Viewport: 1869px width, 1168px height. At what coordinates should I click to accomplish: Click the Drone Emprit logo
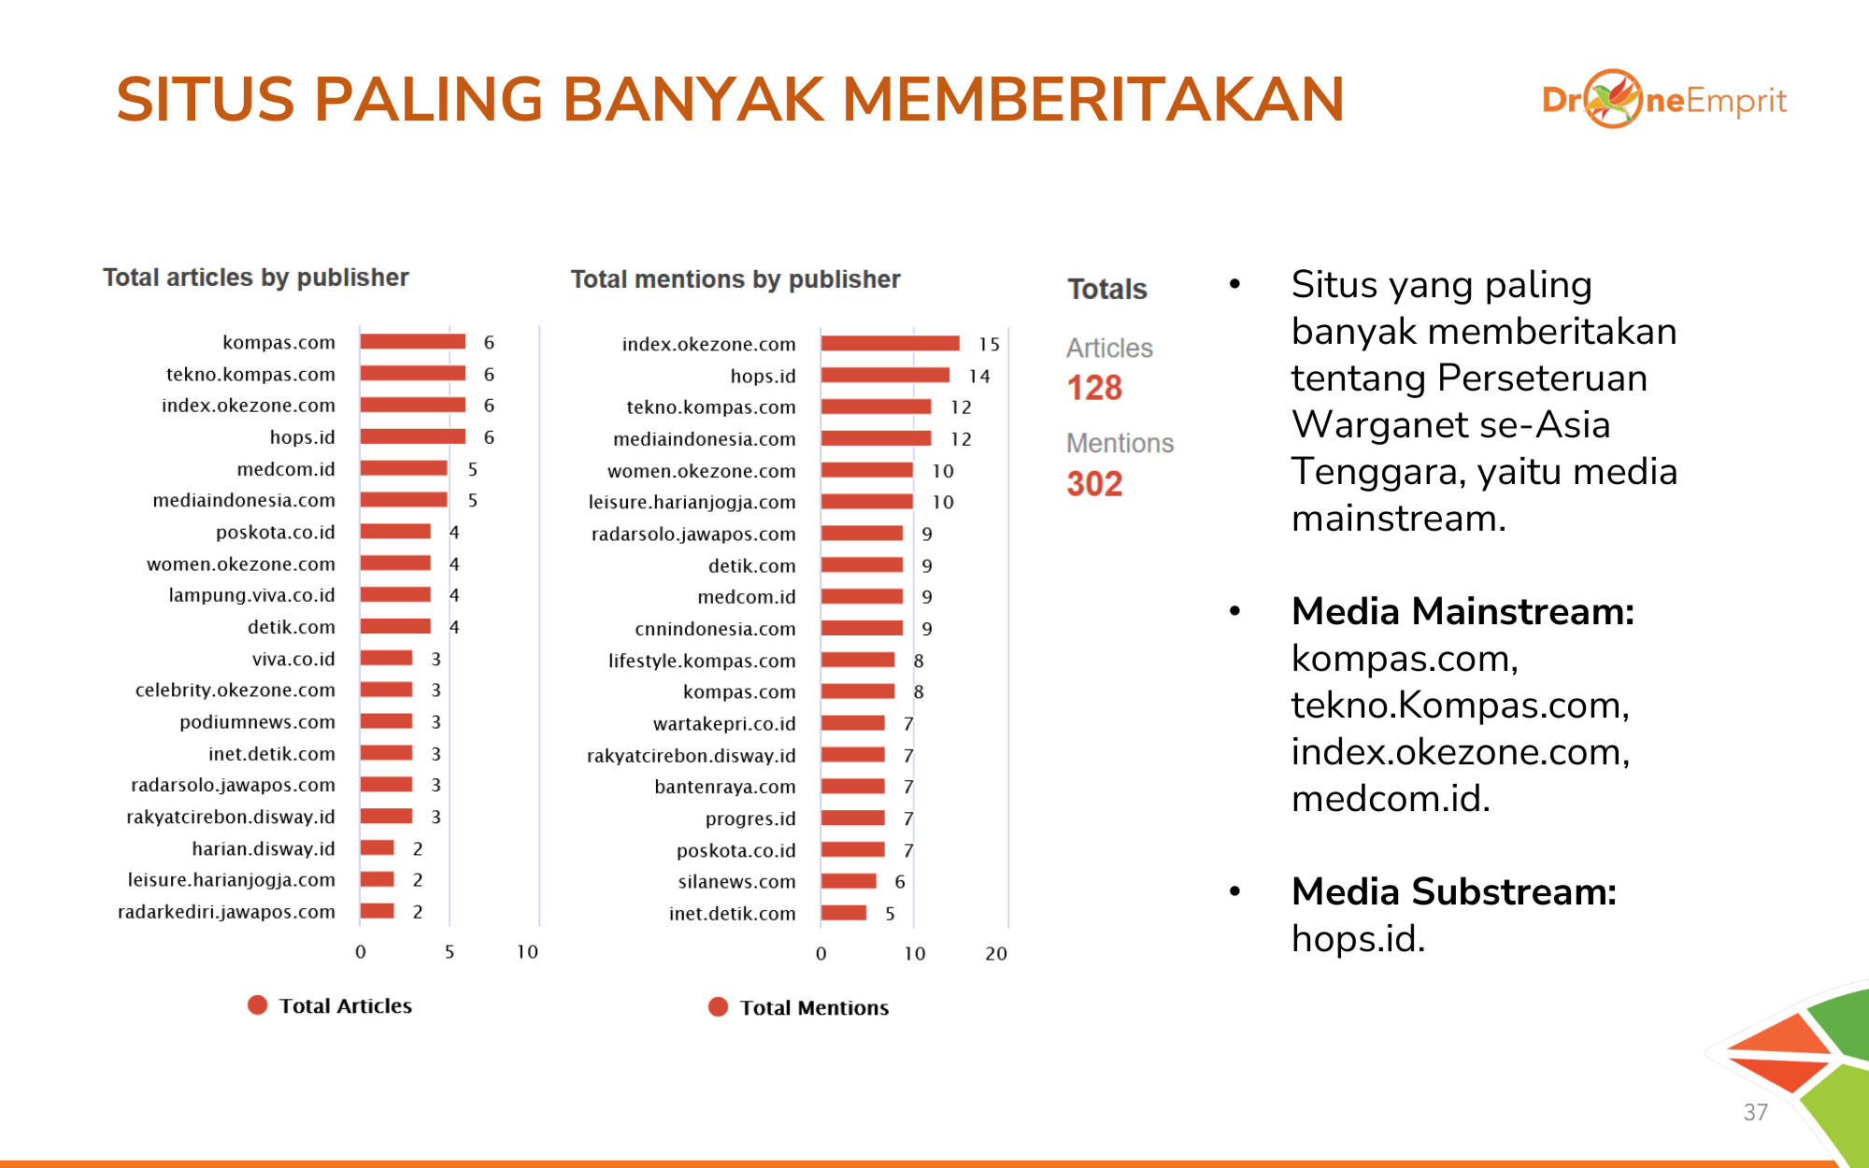tap(1664, 99)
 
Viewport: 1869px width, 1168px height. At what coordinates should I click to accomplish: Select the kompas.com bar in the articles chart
tap(413, 342)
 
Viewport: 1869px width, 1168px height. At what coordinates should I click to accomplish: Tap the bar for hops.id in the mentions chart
tap(886, 376)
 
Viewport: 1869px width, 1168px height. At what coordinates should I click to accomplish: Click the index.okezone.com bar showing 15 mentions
tap(891, 344)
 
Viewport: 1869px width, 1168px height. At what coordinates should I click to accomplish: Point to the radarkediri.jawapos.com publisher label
tap(226, 912)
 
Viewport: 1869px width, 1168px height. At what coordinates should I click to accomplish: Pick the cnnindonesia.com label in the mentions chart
tap(715, 629)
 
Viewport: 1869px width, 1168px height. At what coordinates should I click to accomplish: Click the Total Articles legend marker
tap(257, 1005)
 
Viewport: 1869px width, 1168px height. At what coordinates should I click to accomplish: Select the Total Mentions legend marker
tap(718, 1007)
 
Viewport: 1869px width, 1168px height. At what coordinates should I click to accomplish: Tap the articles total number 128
tap(1094, 388)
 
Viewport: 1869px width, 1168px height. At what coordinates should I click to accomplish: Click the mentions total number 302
tap(1094, 484)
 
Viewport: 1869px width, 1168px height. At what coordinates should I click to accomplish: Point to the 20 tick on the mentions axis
tap(996, 954)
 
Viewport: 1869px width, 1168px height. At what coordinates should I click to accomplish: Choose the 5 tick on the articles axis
tap(449, 952)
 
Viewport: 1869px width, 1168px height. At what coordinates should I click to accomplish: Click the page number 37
tap(1756, 1112)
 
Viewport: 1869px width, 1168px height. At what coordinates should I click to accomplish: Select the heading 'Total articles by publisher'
tap(256, 278)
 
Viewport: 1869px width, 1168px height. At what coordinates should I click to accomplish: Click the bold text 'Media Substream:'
tap(1454, 891)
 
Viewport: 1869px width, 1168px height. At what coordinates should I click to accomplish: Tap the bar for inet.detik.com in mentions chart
tap(844, 913)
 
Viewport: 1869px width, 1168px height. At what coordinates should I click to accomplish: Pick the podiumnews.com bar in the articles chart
tap(386, 721)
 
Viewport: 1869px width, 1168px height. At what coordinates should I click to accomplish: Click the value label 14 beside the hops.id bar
tap(979, 377)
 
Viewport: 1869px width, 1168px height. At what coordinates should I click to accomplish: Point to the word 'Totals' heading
tap(1107, 289)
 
